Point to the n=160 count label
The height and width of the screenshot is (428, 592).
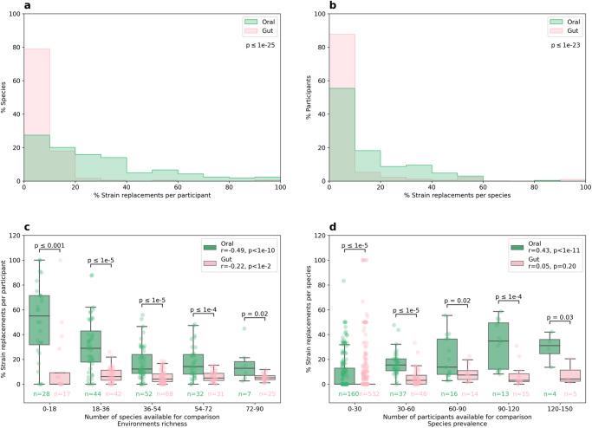[345, 395]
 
